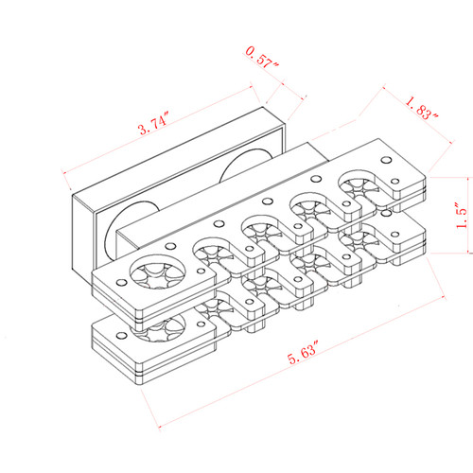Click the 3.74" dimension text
tap(152, 125)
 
